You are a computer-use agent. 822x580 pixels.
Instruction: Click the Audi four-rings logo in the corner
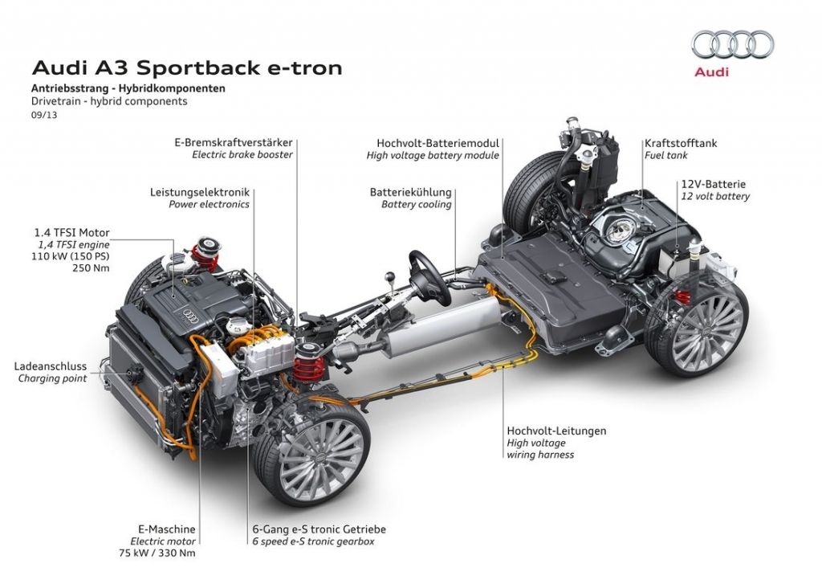click(732, 45)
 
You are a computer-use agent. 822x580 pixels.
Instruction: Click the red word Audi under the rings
click(711, 72)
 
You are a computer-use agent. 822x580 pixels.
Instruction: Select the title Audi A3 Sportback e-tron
click(186, 67)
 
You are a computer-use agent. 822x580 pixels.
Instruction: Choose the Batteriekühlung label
click(410, 193)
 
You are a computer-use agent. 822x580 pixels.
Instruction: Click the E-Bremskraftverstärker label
click(234, 143)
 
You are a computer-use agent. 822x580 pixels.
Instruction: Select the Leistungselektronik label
click(200, 193)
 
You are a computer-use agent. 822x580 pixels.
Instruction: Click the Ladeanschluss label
click(51, 366)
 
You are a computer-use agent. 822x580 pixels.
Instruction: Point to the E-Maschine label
click(167, 529)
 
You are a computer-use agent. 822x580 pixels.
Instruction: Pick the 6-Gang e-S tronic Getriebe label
click(319, 529)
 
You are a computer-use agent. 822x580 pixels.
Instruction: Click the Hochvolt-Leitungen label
click(556, 431)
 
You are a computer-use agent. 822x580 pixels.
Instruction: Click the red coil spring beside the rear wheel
click(681, 296)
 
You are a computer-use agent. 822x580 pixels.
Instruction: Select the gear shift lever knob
click(391, 277)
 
